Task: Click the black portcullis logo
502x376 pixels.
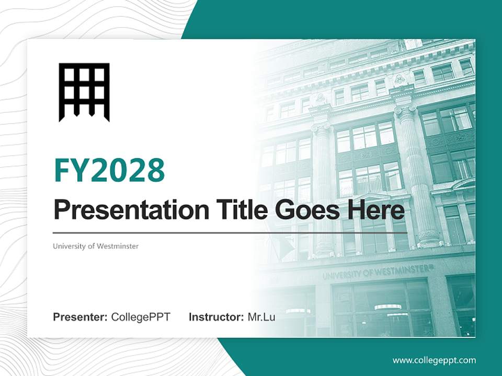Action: pyautogui.click(x=84, y=92)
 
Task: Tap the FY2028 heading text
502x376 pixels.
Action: pyautogui.click(x=109, y=170)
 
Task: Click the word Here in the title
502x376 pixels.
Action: pyautogui.click(x=378, y=210)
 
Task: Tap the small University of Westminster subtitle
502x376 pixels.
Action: pyautogui.click(x=96, y=246)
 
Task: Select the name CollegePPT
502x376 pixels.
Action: pyautogui.click(x=141, y=317)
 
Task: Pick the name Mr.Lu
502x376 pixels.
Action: pyautogui.click(x=261, y=317)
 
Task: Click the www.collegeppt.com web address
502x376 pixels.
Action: pyautogui.click(x=434, y=360)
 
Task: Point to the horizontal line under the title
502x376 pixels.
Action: pyautogui.click(x=230, y=233)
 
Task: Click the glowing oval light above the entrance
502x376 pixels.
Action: pyautogui.click(x=387, y=307)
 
